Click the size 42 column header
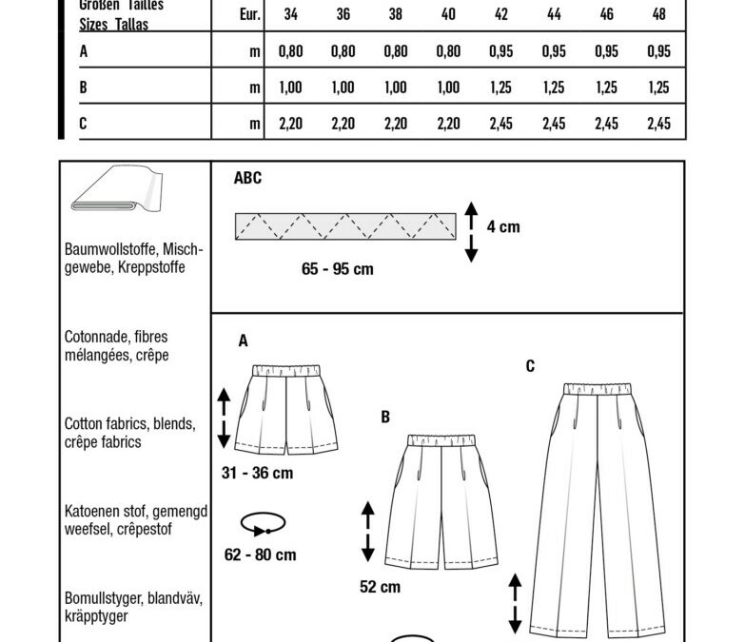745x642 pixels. (500, 14)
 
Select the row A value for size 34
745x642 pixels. (290, 50)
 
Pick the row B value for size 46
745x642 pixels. (606, 88)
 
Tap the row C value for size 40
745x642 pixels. (448, 124)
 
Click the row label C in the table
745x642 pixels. (83, 124)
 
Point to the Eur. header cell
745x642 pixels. (250, 14)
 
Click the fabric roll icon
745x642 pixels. (117, 188)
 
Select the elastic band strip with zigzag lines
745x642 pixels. (345, 226)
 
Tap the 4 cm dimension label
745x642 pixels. (503, 227)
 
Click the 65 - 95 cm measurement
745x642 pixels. (338, 269)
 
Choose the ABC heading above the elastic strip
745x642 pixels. (247, 178)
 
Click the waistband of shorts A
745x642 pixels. (286, 370)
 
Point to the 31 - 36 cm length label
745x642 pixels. (257, 473)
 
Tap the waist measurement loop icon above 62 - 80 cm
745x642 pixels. (263, 524)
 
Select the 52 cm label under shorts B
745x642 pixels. (380, 587)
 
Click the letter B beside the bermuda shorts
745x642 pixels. (385, 417)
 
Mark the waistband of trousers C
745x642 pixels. (598, 389)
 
